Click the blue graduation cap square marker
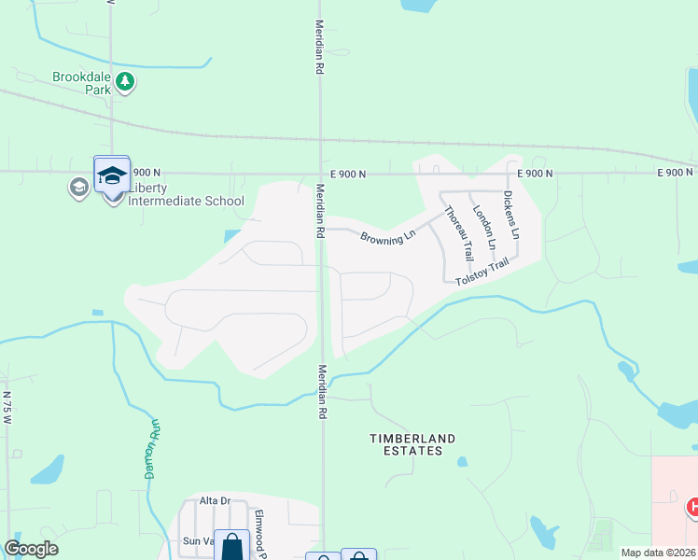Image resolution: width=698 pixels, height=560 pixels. coord(112,175)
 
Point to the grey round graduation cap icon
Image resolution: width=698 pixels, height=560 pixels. coord(79,189)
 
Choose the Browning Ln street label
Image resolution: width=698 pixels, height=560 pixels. coord(387,237)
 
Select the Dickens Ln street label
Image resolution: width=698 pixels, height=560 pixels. coord(510,214)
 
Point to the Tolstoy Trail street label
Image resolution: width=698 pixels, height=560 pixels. coord(482,273)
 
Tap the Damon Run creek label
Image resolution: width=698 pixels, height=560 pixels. coord(152,448)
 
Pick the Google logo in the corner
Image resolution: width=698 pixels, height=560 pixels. coord(31,549)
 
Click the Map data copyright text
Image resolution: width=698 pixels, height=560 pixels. coord(658,553)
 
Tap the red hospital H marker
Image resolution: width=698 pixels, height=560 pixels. coord(692,509)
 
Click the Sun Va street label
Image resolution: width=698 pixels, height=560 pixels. coord(199,541)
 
